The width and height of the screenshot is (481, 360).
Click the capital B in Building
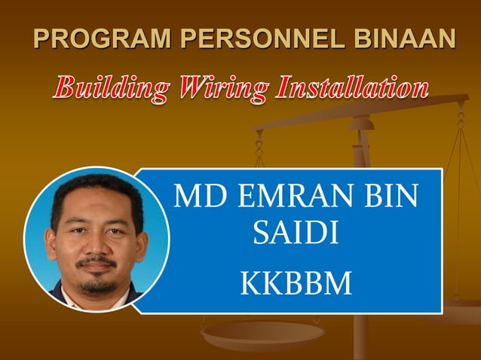coord(63,89)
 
